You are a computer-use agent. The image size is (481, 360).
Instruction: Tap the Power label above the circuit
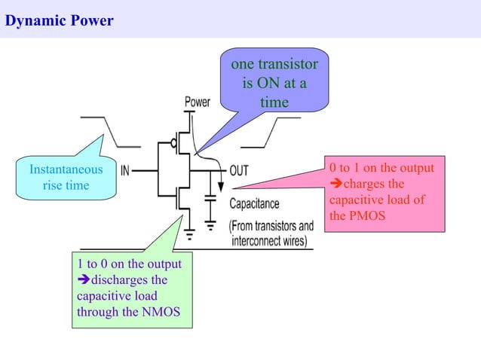coord(197,102)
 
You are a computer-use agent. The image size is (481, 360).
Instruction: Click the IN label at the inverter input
coord(127,171)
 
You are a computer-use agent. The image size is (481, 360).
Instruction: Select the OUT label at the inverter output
coord(238,171)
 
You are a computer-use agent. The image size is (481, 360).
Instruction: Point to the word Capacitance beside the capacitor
coord(254,203)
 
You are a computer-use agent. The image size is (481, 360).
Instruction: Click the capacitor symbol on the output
coord(210,199)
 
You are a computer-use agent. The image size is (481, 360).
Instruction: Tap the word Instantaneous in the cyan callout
coord(66,169)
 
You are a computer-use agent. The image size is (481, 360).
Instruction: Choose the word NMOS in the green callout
coord(161,312)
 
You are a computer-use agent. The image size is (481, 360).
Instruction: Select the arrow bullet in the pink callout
coord(336,184)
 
